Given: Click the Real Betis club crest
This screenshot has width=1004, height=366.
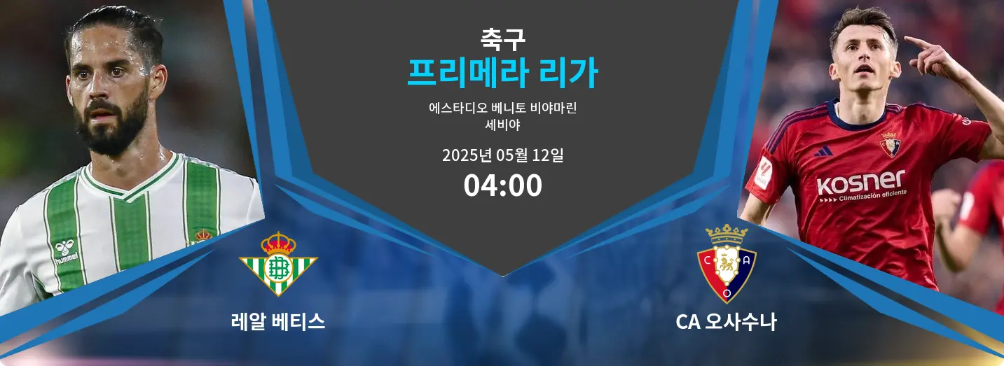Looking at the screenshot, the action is tap(278, 264).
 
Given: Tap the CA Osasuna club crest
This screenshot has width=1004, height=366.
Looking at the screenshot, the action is tap(727, 264).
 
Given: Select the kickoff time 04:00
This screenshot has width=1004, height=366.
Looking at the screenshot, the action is tap(502, 185).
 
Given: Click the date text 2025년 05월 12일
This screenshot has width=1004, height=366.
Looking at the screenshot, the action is tap(502, 155).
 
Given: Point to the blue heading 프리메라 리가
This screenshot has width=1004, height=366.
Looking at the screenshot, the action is tap(502, 73).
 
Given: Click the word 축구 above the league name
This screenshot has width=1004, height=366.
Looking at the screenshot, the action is tap(502, 39).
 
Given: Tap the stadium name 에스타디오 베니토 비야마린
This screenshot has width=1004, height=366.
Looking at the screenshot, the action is tap(502, 108).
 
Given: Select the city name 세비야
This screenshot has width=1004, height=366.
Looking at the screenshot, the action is tap(502, 125).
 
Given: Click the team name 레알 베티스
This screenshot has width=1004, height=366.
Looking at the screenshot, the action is tap(278, 321).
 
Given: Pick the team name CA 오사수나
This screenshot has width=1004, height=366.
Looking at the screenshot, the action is tap(726, 321).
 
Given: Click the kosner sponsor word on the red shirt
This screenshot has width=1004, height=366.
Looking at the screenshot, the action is tap(860, 182).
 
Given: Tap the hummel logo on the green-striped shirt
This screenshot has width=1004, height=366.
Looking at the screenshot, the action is tap(65, 252).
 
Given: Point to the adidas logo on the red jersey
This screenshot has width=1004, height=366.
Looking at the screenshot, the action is tap(823, 152).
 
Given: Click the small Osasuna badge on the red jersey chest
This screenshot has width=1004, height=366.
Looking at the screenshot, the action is tap(890, 145).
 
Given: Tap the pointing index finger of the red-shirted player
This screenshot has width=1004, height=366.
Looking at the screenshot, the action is tap(916, 43).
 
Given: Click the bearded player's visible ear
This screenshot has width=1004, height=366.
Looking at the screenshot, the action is tap(158, 80).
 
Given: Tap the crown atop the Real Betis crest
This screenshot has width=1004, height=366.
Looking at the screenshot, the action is tap(278, 243).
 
